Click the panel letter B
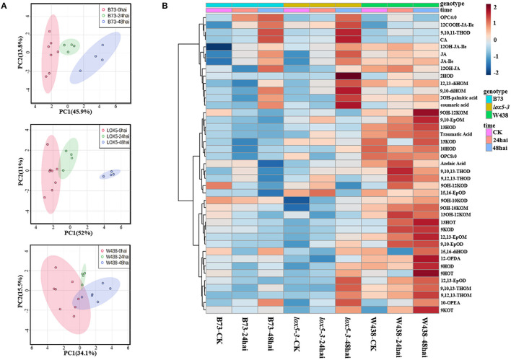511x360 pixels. point(165,6)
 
